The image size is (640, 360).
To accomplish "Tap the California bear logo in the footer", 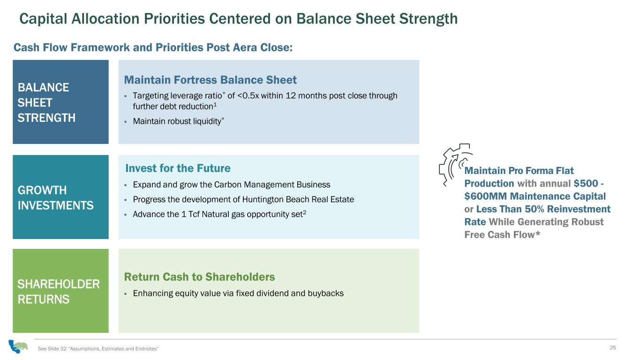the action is (x=18, y=346).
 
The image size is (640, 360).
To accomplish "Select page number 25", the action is (x=612, y=347).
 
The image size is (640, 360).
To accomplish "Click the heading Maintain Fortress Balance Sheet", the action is (x=210, y=80).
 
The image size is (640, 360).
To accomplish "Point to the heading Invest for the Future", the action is (x=178, y=168).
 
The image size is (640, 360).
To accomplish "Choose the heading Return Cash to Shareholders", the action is (x=199, y=277).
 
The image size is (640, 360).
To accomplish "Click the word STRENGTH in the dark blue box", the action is (x=46, y=118).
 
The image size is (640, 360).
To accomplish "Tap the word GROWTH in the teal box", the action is (x=42, y=190).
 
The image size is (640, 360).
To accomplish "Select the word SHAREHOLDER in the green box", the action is (x=59, y=284).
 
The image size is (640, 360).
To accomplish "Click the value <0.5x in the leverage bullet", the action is (x=248, y=96).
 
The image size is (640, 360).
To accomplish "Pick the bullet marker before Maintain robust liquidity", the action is (x=126, y=122).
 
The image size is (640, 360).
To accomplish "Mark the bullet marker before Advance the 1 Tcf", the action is (x=126, y=215).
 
